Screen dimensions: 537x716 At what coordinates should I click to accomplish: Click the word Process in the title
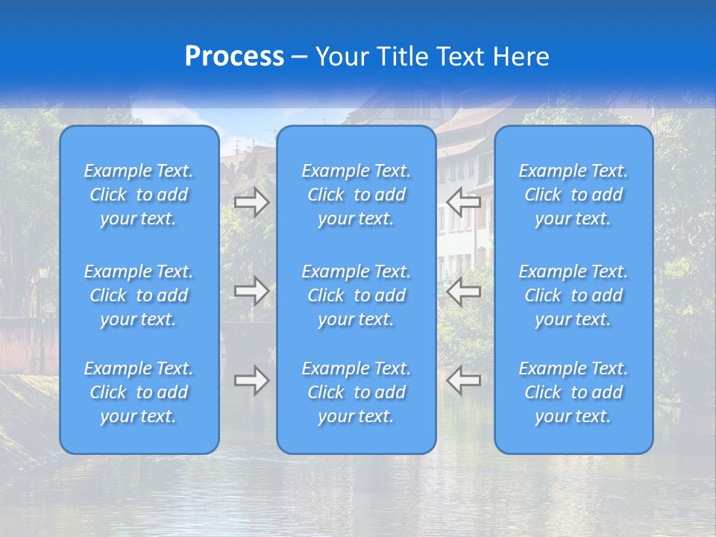click(x=234, y=57)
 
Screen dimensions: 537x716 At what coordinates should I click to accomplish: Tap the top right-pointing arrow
click(x=251, y=201)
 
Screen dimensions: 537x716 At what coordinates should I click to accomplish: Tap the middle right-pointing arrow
click(x=251, y=291)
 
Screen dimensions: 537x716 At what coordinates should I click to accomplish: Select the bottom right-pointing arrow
click(x=251, y=380)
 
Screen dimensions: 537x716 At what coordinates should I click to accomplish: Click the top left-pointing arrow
click(x=464, y=201)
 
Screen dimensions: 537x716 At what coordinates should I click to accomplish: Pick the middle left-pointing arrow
click(x=464, y=291)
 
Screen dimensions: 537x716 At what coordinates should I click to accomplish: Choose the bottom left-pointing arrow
click(x=464, y=380)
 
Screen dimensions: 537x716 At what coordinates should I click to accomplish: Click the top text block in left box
click(x=139, y=195)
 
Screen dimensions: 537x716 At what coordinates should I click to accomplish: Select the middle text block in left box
click(x=139, y=295)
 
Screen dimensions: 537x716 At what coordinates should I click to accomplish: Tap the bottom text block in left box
click(x=139, y=392)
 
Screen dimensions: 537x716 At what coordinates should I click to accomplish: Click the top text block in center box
click(x=357, y=195)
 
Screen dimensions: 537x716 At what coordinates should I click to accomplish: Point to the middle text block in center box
click(x=357, y=295)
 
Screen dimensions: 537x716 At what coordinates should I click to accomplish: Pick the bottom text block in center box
click(x=357, y=392)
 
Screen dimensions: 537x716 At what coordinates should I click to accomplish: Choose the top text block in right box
click(x=574, y=195)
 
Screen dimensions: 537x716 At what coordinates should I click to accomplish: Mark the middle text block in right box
click(x=574, y=295)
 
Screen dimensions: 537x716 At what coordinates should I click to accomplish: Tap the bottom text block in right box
click(x=574, y=392)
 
